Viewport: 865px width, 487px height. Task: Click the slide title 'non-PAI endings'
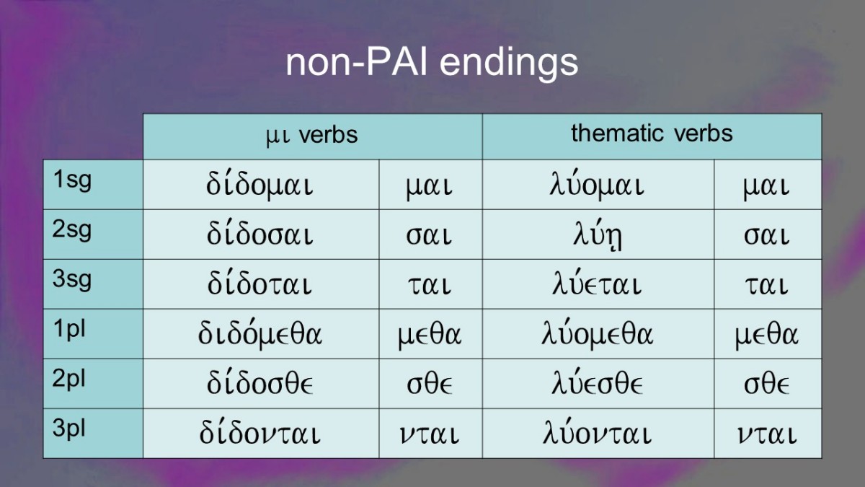tap(432, 63)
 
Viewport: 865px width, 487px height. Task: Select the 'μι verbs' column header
tap(312, 136)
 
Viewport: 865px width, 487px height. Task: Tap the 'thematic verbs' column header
tap(652, 133)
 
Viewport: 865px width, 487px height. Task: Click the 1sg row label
tap(72, 180)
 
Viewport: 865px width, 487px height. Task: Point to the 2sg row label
tap(72, 230)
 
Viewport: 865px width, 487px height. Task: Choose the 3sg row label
tap(72, 279)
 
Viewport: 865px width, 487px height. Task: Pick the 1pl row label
tap(69, 330)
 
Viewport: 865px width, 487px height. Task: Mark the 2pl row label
tap(68, 379)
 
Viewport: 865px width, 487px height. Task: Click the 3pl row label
tap(68, 429)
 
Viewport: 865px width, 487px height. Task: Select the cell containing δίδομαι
tap(260, 185)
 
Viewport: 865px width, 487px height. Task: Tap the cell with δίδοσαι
tap(260, 234)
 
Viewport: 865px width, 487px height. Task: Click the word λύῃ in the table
tap(598, 235)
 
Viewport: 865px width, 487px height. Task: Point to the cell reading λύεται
tap(598, 284)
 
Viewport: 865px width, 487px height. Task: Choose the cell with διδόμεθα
tap(260, 334)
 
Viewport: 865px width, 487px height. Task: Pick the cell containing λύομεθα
tap(598, 334)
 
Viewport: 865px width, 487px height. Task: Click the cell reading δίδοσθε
tap(260, 383)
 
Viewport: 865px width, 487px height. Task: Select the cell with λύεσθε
tap(598, 383)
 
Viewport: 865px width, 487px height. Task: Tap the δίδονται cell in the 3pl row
tap(260, 433)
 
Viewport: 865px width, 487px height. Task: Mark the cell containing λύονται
tap(598, 433)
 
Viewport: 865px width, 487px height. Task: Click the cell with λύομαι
tap(598, 185)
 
